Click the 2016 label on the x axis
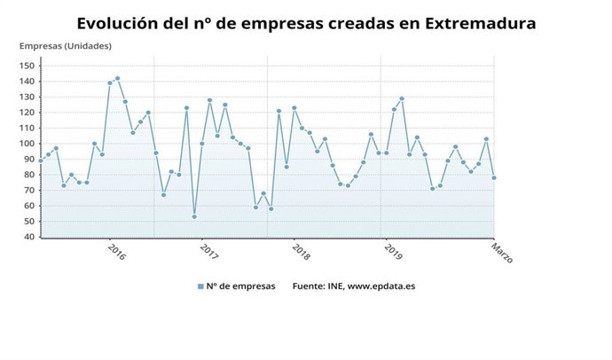[x=116, y=252]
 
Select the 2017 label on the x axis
[x=209, y=252]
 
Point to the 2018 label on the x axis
[x=300, y=252]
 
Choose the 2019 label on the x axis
[x=394, y=252]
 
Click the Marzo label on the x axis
[x=502, y=254]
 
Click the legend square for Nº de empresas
[x=200, y=286]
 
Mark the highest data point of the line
[x=117, y=78]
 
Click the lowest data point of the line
[x=194, y=216]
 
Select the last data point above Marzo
[x=494, y=177]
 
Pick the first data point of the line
[x=41, y=160]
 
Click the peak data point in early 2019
[x=402, y=98]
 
